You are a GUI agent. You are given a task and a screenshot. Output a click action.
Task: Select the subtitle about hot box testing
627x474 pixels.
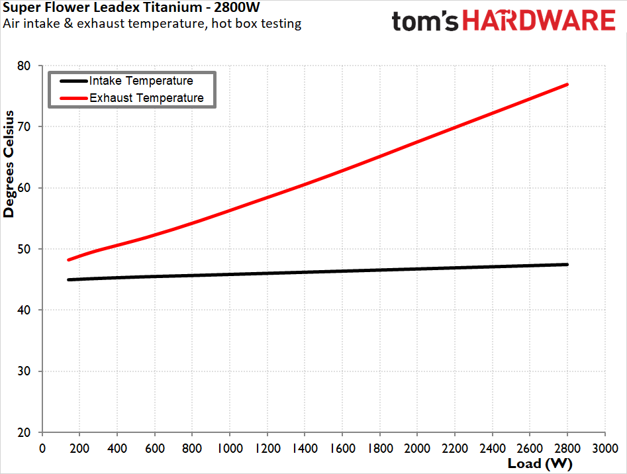[152, 24]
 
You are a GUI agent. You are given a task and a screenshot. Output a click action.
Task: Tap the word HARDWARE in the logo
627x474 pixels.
[539, 21]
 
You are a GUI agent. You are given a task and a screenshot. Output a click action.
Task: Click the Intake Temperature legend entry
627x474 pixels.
[126, 81]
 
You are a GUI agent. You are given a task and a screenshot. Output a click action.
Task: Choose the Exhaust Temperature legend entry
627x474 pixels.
[132, 98]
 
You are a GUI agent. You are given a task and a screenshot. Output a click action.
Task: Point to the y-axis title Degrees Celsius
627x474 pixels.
[9, 164]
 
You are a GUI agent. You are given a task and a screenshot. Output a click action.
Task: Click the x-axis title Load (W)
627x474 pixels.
[540, 463]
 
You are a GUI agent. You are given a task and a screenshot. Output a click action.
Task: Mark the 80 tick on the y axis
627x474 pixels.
[24, 66]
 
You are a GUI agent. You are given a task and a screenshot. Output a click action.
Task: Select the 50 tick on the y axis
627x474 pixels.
[24, 249]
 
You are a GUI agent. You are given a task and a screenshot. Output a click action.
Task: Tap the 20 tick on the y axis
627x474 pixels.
[24, 432]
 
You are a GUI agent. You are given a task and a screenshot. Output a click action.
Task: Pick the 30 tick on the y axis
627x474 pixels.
[24, 371]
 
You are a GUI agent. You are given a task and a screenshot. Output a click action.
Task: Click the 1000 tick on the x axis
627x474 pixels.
[230, 448]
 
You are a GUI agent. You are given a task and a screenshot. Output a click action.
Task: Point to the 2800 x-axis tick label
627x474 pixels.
[567, 448]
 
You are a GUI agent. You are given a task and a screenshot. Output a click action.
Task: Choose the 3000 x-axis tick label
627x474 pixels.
[605, 448]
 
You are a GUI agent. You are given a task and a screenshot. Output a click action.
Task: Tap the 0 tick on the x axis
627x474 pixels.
[42, 448]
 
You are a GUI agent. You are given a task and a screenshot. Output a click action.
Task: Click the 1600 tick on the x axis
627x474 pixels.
[343, 448]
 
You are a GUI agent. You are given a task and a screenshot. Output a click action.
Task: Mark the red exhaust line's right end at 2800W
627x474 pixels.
[567, 85]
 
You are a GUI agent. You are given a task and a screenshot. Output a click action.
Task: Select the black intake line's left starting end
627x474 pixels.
[69, 280]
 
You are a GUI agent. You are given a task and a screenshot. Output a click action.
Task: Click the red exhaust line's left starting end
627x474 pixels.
[69, 260]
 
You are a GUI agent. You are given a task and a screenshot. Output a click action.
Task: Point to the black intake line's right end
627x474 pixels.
[567, 265]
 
